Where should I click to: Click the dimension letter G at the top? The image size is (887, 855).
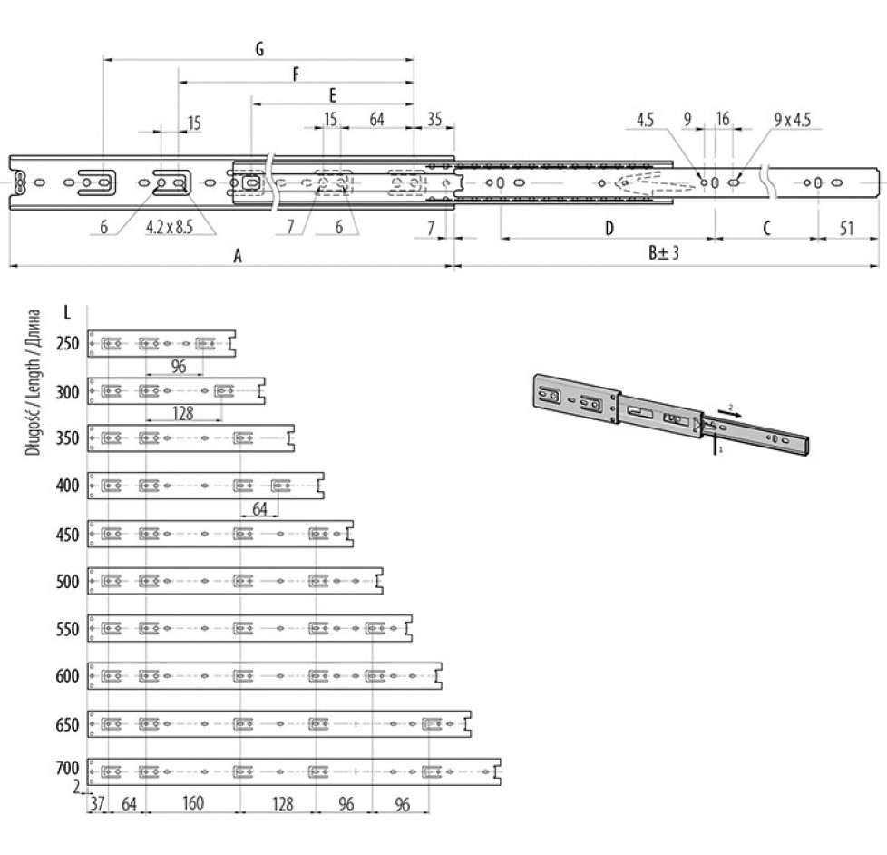(x=259, y=49)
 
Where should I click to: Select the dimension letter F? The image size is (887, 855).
(x=296, y=74)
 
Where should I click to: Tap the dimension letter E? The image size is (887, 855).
(x=333, y=95)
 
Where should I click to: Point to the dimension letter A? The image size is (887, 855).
(x=239, y=256)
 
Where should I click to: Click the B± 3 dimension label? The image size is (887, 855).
(x=664, y=252)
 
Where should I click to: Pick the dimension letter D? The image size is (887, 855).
(x=609, y=229)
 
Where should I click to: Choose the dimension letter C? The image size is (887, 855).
(x=766, y=229)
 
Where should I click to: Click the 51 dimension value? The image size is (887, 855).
(x=846, y=229)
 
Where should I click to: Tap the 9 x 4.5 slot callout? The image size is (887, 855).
(x=793, y=120)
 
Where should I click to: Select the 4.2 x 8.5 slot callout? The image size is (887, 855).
(x=169, y=227)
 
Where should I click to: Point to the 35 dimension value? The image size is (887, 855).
(x=434, y=120)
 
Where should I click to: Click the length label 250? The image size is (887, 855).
(x=68, y=343)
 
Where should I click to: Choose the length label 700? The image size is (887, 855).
(x=68, y=769)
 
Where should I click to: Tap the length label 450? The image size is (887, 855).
(x=68, y=535)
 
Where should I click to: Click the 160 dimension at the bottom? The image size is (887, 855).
(x=193, y=803)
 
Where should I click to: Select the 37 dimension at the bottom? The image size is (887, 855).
(x=97, y=803)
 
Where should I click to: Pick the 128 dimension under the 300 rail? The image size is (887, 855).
(x=182, y=413)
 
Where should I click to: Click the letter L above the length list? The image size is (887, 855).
(x=67, y=312)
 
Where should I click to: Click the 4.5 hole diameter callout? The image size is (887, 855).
(x=645, y=120)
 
